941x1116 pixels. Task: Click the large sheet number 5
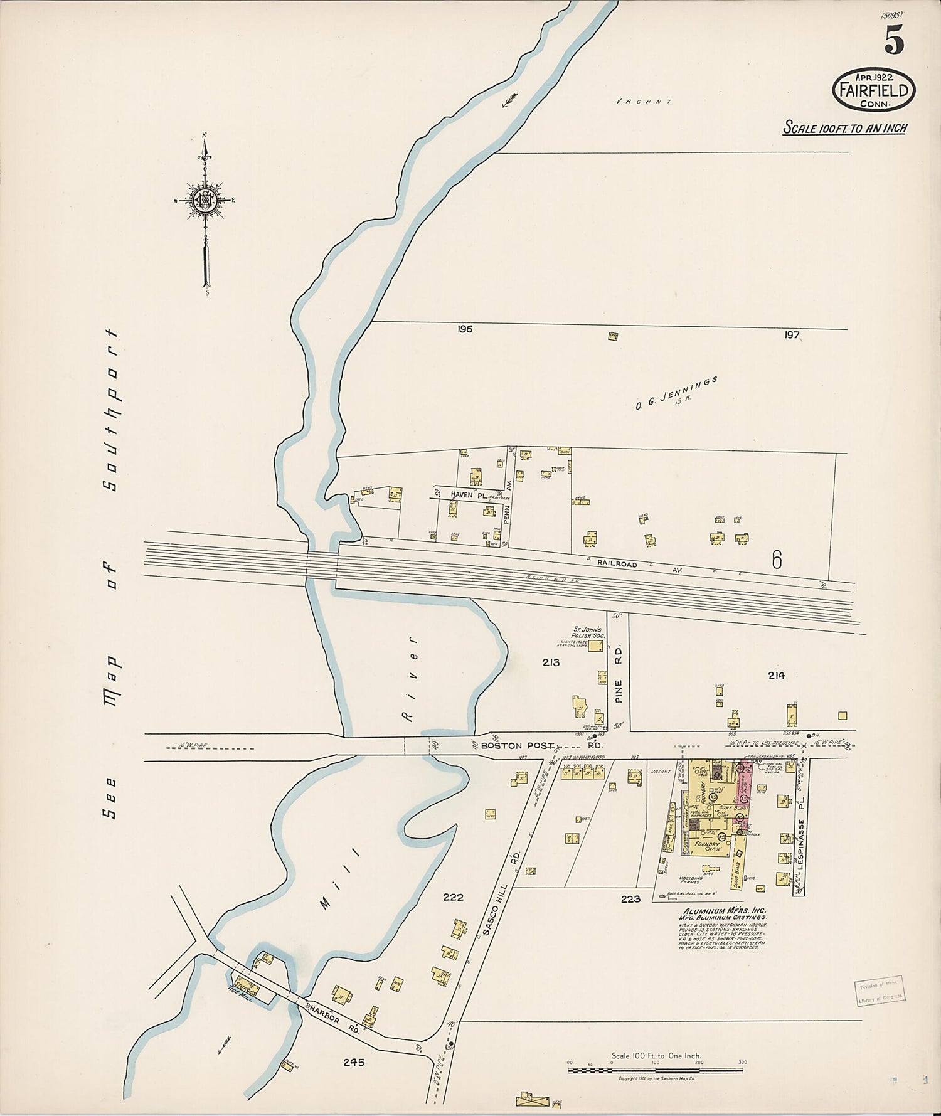(894, 42)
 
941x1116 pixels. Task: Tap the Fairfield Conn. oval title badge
(873, 90)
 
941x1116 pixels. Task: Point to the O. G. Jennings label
(676, 393)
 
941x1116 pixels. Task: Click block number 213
(551, 662)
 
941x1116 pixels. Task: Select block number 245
(354, 1063)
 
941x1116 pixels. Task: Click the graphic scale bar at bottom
(656, 1070)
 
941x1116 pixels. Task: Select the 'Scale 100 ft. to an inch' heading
(844, 129)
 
